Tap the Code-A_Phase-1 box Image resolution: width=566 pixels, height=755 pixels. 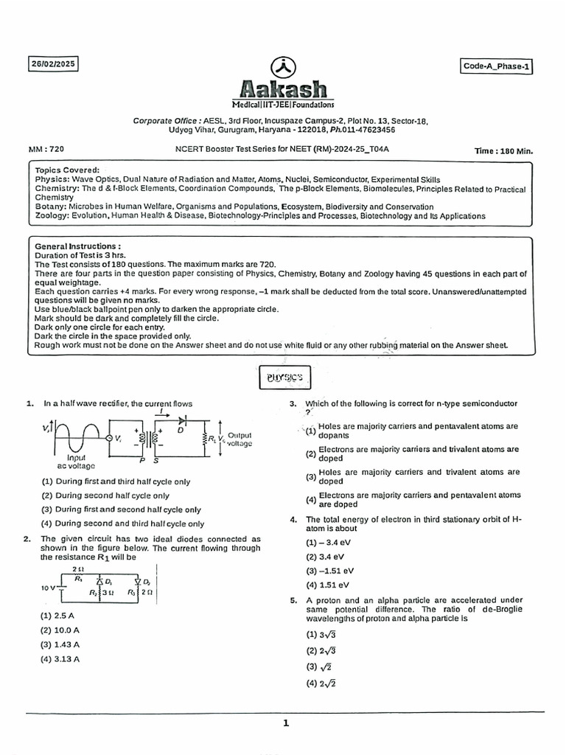pyautogui.click(x=497, y=66)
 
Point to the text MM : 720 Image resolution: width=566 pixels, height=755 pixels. pyautogui.click(x=51, y=150)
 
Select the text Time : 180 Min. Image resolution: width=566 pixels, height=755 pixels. pyautogui.click(x=503, y=151)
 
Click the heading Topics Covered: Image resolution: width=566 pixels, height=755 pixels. pyautogui.click(x=67, y=170)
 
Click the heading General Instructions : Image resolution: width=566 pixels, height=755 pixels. pyautogui.click(x=78, y=246)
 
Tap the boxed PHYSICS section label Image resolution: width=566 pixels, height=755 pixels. pyautogui.click(x=284, y=379)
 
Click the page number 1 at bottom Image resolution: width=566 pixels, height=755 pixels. pyautogui.click(x=285, y=723)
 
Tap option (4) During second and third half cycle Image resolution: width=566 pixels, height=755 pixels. pyautogui.click(x=122, y=523)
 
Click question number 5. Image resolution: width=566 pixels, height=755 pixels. pyautogui.click(x=293, y=600)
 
